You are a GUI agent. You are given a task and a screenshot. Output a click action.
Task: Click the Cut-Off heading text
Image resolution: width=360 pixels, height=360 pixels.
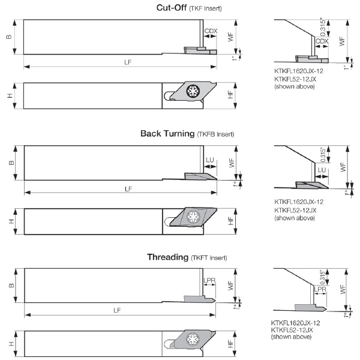(171, 8)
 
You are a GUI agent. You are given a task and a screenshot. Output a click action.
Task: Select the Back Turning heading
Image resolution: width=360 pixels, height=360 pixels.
(167, 133)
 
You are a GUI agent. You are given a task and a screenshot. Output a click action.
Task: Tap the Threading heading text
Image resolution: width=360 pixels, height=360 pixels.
(167, 257)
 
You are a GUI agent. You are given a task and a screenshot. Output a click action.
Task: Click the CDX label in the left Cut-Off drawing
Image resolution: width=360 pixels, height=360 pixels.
(211, 31)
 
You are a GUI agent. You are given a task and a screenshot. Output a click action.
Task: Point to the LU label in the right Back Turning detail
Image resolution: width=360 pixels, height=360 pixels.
(322, 170)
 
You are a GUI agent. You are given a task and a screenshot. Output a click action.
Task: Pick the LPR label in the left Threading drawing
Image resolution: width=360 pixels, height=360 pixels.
(209, 280)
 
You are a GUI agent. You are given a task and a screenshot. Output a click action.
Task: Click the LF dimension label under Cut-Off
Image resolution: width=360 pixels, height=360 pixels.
(128, 62)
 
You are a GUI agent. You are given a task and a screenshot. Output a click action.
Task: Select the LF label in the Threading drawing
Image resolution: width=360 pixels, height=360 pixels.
(117, 310)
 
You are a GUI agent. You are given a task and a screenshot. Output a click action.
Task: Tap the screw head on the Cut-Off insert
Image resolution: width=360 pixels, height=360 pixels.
(193, 91)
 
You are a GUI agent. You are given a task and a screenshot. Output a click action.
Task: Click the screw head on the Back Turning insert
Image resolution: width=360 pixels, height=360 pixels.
(193, 217)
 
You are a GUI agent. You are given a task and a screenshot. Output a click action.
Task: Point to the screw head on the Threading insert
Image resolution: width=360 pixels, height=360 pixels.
(193, 339)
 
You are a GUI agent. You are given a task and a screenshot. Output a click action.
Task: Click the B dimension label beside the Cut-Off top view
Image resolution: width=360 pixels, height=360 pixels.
(9, 37)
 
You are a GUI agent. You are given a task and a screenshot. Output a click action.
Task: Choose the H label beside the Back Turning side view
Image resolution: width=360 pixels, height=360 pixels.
(11, 221)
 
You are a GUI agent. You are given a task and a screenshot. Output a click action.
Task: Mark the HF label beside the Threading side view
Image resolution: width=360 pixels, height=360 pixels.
(230, 344)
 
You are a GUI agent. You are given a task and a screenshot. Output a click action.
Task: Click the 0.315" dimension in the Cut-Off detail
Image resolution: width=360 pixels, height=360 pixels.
(323, 26)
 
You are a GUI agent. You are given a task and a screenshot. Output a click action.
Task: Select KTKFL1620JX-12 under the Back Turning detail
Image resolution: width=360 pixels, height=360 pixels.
(299, 202)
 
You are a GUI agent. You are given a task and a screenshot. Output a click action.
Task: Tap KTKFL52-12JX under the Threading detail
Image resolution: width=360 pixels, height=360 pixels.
(292, 330)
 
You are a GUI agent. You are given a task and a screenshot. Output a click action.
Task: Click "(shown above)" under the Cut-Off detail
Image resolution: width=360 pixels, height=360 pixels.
(295, 86)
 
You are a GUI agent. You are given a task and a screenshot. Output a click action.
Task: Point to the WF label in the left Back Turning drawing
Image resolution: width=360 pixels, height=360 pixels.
(232, 163)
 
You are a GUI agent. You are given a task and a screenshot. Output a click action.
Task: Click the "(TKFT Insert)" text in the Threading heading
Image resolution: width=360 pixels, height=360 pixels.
(209, 258)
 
